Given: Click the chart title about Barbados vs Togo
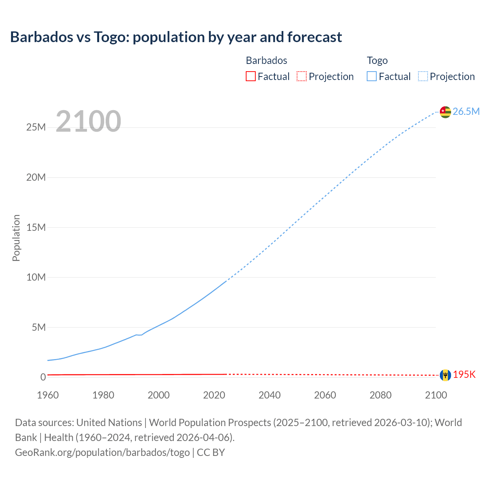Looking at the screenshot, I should (x=176, y=37).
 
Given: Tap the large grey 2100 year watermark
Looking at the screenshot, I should (x=88, y=121).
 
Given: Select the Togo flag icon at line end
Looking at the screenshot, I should (x=445, y=112).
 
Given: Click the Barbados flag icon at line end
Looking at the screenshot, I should (x=445, y=375).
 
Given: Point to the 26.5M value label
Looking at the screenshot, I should (x=466, y=111).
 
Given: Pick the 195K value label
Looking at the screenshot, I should (x=464, y=375).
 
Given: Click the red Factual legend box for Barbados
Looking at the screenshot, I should (x=251, y=77).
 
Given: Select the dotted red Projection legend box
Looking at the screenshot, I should (x=302, y=77).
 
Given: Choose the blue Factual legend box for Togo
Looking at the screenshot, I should (x=372, y=77).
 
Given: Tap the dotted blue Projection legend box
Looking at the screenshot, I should (x=423, y=77).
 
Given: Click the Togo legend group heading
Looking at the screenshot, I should (x=377, y=60).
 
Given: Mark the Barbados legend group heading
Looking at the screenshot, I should (x=266, y=60).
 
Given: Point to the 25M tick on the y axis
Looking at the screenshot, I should (x=36, y=127).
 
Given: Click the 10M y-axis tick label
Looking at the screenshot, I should (x=36, y=277).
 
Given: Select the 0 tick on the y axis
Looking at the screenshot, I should (x=43, y=377).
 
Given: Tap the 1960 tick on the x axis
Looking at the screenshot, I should (x=48, y=395).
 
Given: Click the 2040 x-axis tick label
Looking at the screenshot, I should (x=269, y=395).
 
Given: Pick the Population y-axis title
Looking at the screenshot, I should (x=16, y=238).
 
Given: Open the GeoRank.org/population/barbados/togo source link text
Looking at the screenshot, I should (x=102, y=452).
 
